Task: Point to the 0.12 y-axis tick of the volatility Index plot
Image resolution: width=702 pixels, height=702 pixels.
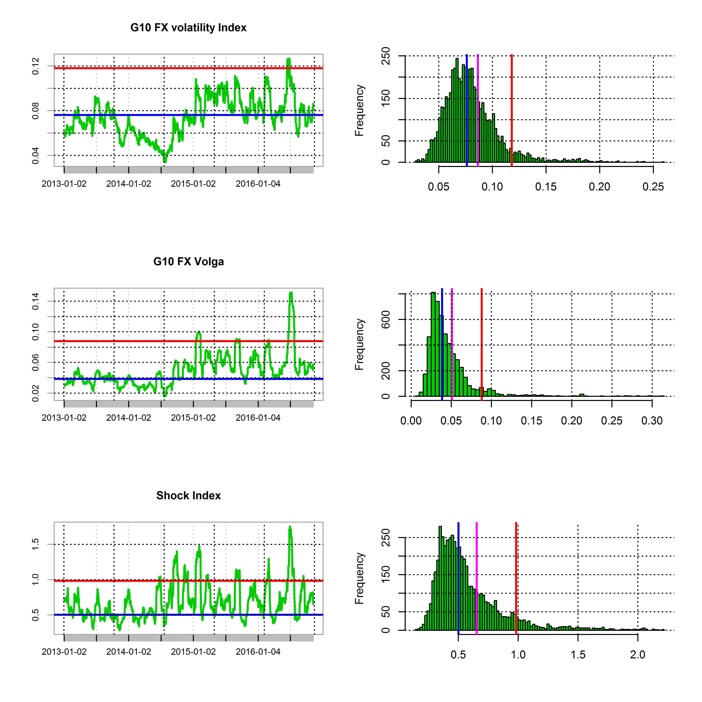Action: pos(35,66)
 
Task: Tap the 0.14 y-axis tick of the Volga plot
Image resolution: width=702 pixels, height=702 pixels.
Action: pos(35,301)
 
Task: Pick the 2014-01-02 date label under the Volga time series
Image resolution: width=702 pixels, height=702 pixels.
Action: pos(129,418)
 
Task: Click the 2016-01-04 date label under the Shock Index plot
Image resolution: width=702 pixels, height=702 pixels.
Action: pos(258,652)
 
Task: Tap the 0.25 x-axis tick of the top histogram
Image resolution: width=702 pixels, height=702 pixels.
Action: pos(653,187)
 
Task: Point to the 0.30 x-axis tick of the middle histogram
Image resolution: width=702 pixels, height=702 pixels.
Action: pos(652,421)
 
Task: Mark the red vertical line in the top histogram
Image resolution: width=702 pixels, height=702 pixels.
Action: pos(512,109)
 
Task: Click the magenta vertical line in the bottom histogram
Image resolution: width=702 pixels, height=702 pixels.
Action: pos(476,578)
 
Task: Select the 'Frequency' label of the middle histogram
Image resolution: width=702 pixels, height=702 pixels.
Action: pos(359,344)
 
